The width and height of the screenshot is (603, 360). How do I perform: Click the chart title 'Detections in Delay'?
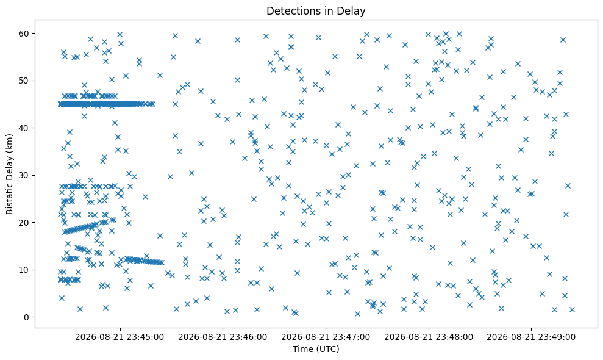pos(316,11)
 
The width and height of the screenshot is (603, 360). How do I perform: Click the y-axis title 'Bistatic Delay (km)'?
pos(9,174)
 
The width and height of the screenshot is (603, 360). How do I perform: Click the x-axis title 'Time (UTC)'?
pos(316,349)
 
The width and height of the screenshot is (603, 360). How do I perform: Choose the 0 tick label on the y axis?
pos(27,317)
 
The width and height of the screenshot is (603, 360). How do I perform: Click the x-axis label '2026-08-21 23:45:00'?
pos(120,337)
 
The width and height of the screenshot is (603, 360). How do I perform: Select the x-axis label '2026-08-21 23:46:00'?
pos(223,337)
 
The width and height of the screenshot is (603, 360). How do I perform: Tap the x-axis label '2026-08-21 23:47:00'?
pos(326,337)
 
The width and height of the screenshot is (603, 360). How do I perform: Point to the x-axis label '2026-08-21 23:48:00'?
pos(429,337)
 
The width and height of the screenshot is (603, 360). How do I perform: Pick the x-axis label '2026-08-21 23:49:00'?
pos(532,337)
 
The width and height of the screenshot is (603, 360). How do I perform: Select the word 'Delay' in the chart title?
pos(352,11)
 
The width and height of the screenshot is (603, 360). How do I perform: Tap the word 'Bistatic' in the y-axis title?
pos(9,197)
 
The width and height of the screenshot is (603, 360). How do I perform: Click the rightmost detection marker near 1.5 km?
pos(572,309)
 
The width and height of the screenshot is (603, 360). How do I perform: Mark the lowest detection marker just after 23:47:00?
pos(329,293)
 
